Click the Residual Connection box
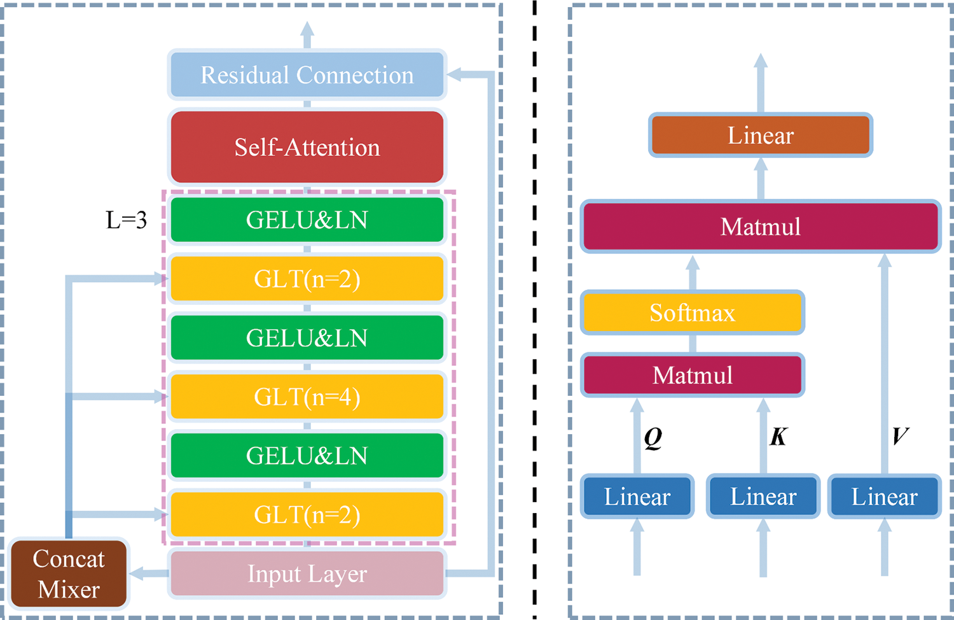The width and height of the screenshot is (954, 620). (307, 75)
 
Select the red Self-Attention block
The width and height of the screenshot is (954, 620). (307, 147)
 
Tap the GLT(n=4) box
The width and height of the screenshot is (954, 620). (307, 397)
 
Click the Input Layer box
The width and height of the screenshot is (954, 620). (307, 574)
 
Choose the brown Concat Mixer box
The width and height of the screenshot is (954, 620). (69, 574)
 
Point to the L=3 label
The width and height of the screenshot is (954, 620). (126, 220)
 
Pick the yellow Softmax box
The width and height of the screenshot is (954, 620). (692, 313)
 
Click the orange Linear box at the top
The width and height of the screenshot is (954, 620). (761, 135)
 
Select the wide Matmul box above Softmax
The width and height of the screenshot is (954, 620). (761, 227)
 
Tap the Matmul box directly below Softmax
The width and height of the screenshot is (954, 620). (692, 375)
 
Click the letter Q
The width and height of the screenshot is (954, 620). (653, 437)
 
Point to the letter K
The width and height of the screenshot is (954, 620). (778, 437)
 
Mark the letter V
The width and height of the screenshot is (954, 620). (900, 436)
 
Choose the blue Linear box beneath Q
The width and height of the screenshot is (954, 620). (637, 497)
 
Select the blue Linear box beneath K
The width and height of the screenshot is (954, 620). (763, 497)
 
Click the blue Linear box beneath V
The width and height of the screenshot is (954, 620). (885, 497)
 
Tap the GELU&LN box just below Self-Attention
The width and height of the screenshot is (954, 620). (307, 220)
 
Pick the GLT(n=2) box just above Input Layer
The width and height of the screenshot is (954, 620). (307, 514)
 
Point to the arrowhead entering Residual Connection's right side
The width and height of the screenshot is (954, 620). (453, 75)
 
